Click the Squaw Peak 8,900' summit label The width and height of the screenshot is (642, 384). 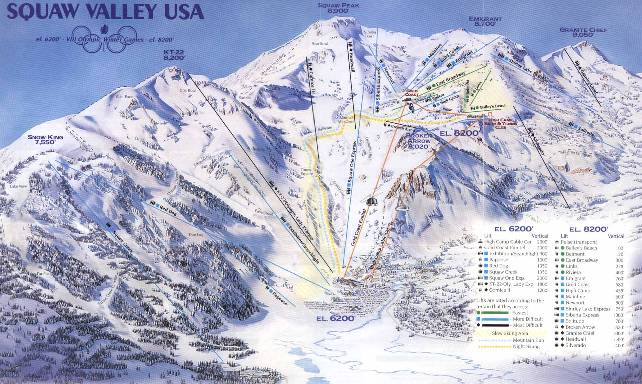338,8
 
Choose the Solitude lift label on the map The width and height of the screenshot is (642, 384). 585,128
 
